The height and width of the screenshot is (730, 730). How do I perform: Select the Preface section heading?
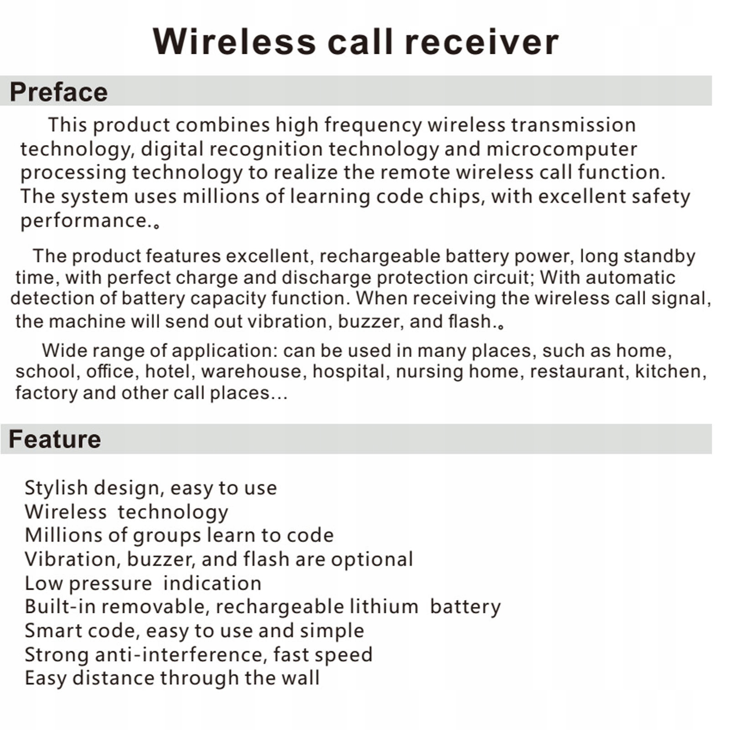(58, 92)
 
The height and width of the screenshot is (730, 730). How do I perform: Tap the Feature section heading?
(55, 439)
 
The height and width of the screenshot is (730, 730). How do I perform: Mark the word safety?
(661, 197)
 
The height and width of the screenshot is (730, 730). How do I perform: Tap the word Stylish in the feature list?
(56, 488)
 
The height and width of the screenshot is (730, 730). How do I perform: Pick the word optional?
(372, 560)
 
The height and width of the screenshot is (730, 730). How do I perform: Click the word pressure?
(110, 584)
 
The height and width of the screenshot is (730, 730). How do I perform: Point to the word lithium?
(383, 607)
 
